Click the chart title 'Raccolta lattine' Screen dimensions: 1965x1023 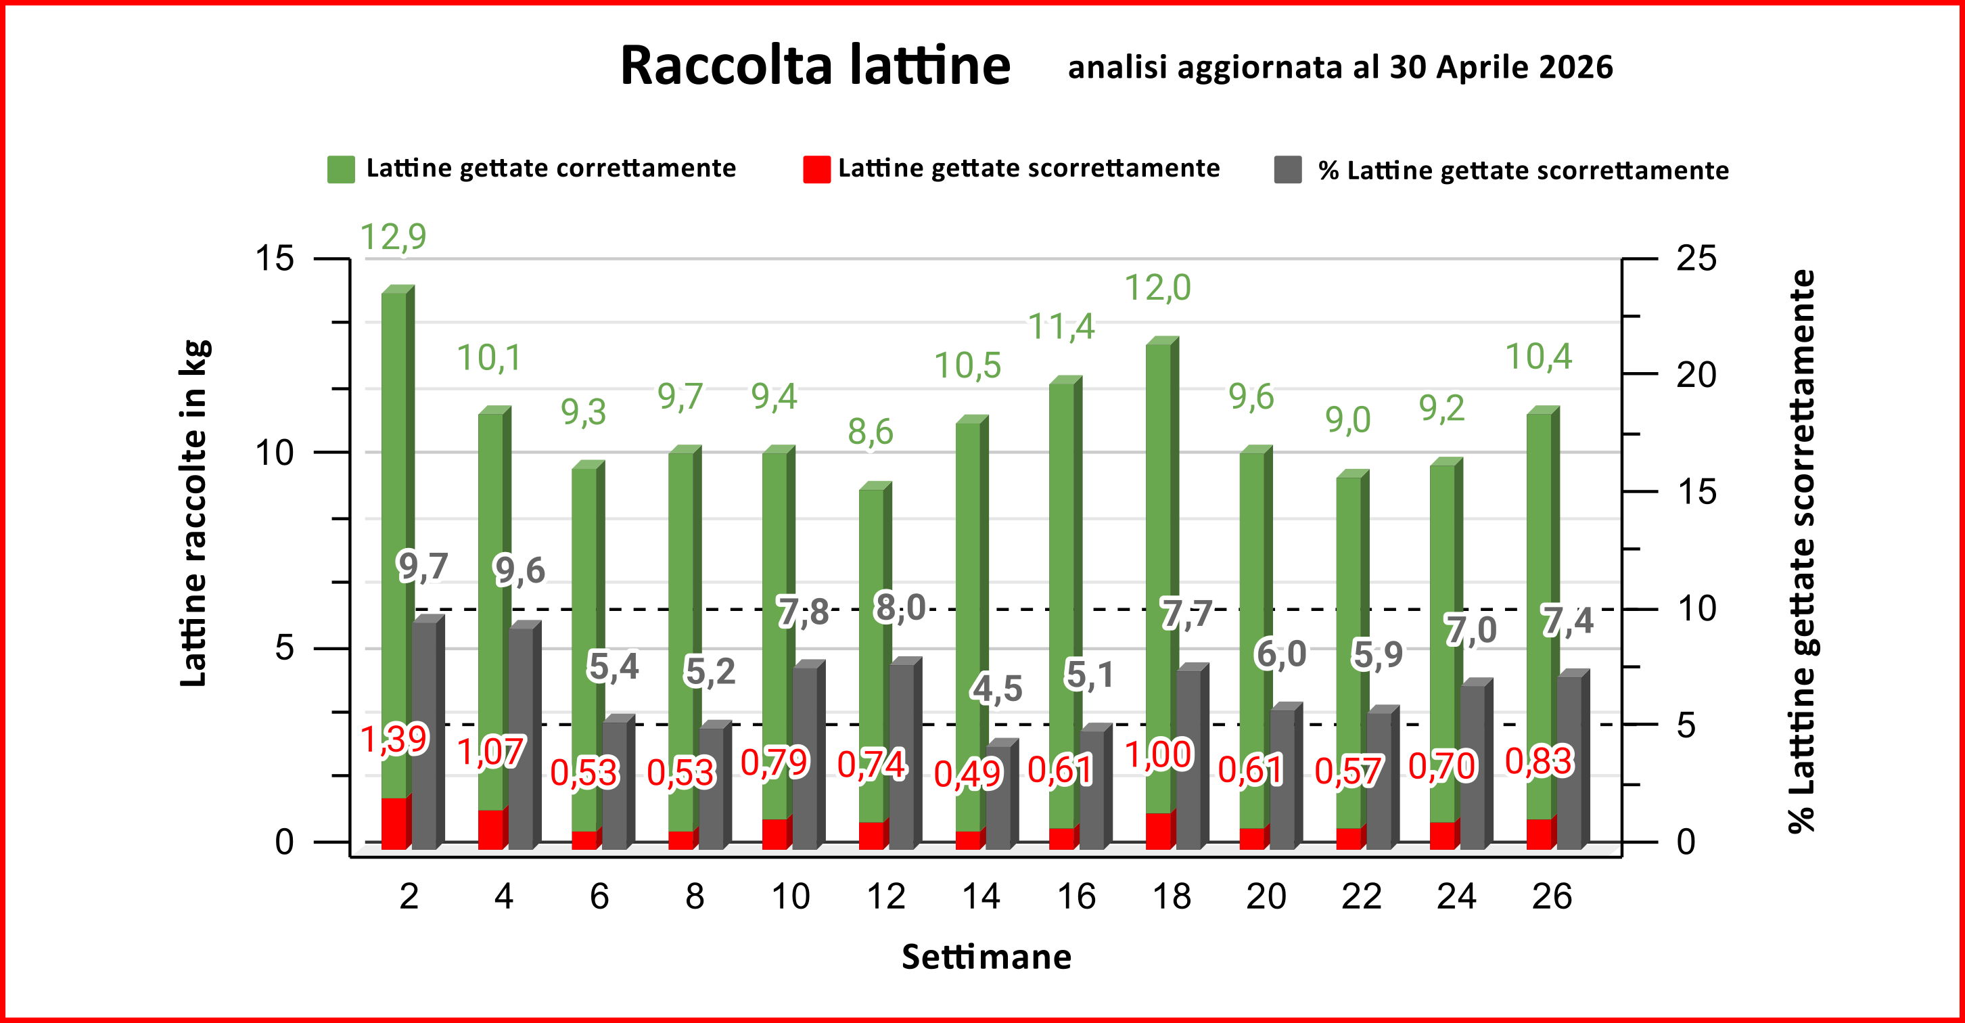[x=816, y=66]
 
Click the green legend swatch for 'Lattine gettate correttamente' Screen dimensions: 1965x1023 [x=341, y=169]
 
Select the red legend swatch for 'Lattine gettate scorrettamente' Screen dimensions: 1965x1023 [x=816, y=169]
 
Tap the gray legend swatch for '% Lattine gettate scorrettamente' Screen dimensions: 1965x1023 [x=1288, y=169]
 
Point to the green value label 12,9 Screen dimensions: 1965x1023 [x=393, y=237]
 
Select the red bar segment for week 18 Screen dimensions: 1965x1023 [x=1161, y=830]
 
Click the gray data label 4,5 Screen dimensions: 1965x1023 [x=996, y=689]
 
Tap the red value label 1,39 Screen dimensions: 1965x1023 [x=394, y=740]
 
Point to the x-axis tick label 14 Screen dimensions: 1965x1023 [x=980, y=896]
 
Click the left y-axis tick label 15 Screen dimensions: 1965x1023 [x=274, y=258]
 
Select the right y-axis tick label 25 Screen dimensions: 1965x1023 [x=1696, y=258]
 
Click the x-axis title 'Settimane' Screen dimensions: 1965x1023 [x=986, y=957]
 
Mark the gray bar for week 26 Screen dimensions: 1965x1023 [x=1573, y=760]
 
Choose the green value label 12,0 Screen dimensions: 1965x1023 [x=1158, y=288]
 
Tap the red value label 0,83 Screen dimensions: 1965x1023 [x=1540, y=761]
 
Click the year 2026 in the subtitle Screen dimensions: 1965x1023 [x=1576, y=67]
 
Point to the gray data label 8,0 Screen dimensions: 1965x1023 [x=900, y=608]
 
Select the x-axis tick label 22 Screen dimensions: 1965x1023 [x=1362, y=896]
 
